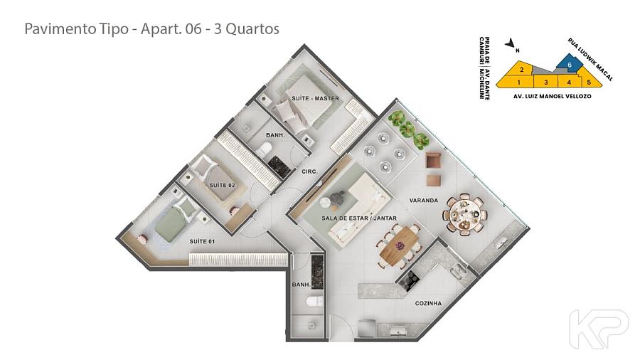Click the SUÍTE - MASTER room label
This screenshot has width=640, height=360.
(315, 98)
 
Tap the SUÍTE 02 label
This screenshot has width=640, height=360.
(222, 185)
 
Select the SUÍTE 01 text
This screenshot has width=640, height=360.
(202, 242)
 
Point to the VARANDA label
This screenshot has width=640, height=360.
(424, 201)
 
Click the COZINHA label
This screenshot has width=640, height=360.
(428, 303)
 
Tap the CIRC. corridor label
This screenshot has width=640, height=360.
(310, 172)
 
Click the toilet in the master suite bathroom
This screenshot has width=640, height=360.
(265, 149)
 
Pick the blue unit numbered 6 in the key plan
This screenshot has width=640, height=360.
(569, 64)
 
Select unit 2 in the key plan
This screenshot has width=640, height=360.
(521, 70)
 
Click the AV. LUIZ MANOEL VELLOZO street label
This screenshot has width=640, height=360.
(552, 97)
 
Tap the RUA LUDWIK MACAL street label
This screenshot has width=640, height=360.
(590, 60)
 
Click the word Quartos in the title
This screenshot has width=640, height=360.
(252, 29)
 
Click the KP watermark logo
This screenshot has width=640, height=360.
(599, 329)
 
